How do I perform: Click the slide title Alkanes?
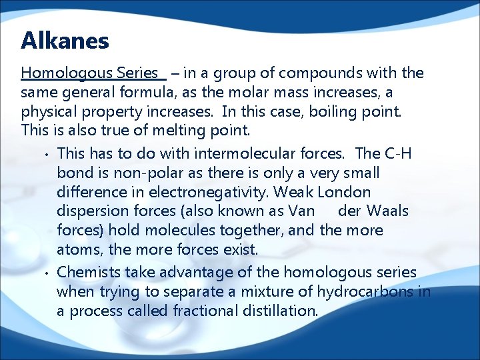pos(65,41)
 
